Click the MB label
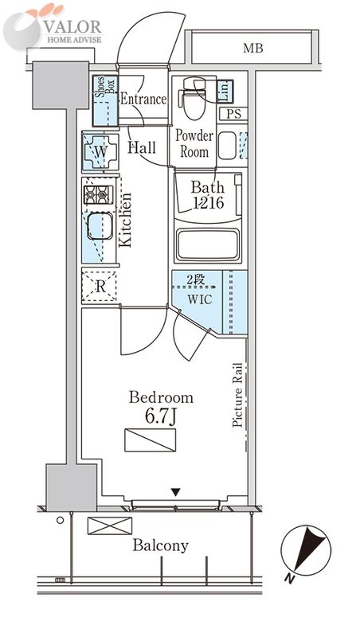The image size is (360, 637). point(253,49)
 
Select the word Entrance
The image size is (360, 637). point(143,99)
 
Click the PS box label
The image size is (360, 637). point(233,114)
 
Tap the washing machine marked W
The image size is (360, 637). point(100,152)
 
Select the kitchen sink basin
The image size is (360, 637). point(100,226)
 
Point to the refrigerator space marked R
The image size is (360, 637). point(100,286)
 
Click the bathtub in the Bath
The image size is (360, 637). point(207,244)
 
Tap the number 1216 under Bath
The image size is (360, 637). point(208,202)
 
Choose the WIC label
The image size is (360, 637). point(199,300)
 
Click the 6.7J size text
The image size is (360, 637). point(162,416)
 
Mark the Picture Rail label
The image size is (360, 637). point(237,395)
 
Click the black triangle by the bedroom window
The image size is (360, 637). point(175,492)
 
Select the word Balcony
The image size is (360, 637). point(161,545)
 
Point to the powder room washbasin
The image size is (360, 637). point(227,146)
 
